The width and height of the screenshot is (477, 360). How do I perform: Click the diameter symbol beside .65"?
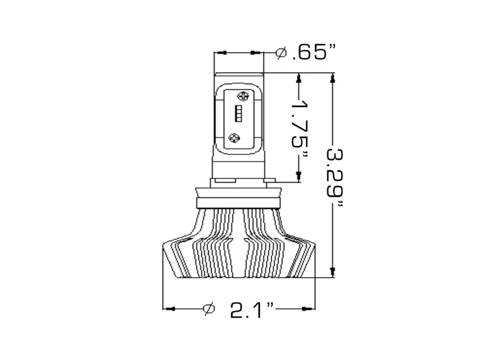pos(281,53)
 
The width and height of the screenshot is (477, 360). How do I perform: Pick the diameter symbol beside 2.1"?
pos(209,309)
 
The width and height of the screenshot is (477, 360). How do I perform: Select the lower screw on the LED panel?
pos(234,136)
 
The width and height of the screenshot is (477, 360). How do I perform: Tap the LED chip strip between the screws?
pos(238,114)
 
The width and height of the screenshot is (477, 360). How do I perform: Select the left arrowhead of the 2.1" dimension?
pos(168,309)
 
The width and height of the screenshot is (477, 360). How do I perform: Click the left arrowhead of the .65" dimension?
pos(219,53)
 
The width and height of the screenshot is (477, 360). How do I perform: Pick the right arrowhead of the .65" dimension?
pos(259,53)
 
